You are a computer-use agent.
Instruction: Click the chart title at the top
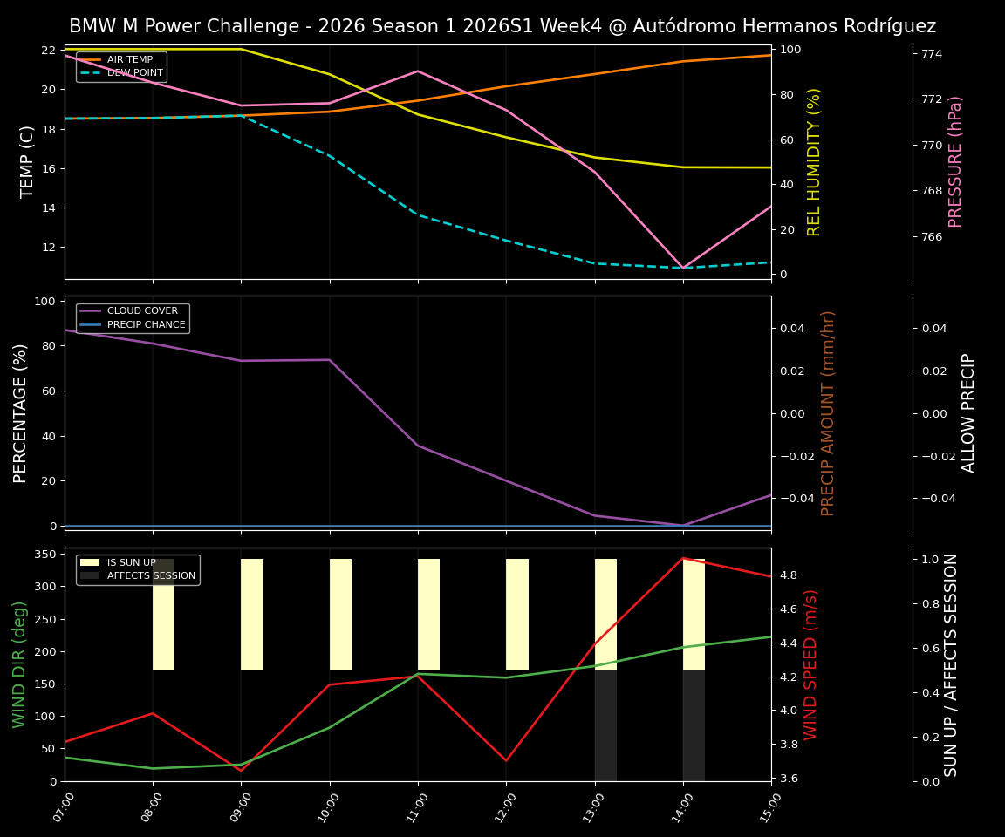[502, 26]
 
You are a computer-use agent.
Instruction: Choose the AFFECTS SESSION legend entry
[151, 576]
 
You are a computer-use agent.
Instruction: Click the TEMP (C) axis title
[28, 161]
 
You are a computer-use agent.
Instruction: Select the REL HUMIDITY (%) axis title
[814, 161]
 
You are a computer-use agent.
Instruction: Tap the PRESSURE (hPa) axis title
[955, 161]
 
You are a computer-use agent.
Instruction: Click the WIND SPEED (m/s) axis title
[811, 664]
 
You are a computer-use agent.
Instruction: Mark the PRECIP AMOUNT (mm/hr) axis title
[828, 412]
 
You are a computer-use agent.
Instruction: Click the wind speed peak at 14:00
[683, 558]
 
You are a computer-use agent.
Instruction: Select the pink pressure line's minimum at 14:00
[683, 268]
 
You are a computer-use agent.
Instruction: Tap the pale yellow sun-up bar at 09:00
[252, 614]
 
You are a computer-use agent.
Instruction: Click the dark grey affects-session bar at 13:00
[605, 725]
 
